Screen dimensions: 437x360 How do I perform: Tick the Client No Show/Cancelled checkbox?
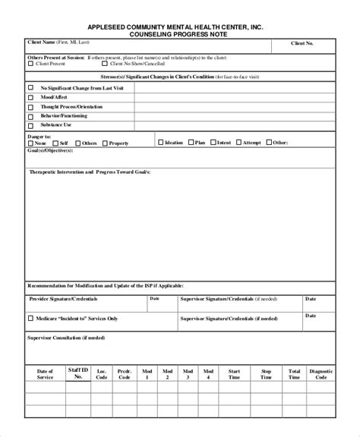[84, 64]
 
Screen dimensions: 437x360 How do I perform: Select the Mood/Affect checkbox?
[31, 97]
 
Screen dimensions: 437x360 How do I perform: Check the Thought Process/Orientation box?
[31, 107]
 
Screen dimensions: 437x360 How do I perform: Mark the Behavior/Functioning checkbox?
[31, 115]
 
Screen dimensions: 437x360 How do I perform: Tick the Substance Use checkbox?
[31, 124]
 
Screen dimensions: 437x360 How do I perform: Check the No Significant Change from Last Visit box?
[31, 88]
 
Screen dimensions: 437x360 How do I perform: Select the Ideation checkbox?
[160, 142]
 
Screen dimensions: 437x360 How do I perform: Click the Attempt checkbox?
[238, 142]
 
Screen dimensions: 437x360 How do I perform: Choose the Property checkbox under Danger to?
[105, 143]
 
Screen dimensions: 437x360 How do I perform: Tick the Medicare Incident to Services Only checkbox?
[31, 319]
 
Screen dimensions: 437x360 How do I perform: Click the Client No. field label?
[302, 44]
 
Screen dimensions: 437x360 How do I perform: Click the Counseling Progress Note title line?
[180, 33]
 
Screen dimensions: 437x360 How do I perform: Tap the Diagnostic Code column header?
[321, 373]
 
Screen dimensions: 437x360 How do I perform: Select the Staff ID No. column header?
[77, 373]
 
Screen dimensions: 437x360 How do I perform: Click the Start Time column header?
[234, 373]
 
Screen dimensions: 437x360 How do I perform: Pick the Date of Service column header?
[45, 373]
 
